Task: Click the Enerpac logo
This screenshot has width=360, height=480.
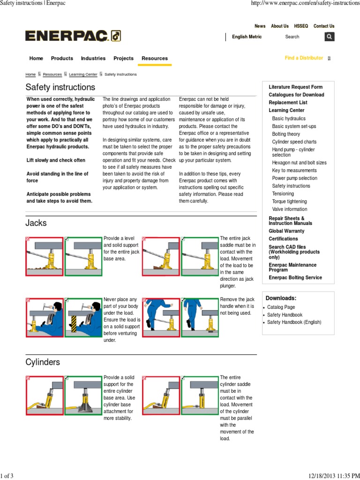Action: [73, 36]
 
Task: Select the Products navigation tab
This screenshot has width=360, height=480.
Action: [62, 59]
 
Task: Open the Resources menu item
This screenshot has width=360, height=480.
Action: [154, 59]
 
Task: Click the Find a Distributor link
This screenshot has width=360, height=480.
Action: [304, 58]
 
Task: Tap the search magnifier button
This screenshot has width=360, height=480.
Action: [330, 37]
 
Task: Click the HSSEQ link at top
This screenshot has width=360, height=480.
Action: [301, 26]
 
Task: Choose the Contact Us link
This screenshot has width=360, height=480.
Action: [323, 26]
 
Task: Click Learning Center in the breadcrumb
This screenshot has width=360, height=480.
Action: [83, 75]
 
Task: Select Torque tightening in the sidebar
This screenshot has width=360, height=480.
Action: [290, 202]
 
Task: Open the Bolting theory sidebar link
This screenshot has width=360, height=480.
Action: [286, 134]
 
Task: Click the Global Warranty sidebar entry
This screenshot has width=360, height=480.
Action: [286, 231]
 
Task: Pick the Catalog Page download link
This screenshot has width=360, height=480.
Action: [281, 307]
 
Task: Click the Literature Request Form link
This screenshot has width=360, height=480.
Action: [295, 87]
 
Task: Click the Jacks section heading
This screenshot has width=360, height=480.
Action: [36, 223]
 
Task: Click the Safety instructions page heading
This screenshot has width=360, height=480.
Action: [60, 87]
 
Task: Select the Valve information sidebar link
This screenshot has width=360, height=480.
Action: [290, 209]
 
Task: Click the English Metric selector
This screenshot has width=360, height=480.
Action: [247, 37]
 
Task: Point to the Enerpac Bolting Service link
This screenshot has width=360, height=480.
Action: [295, 277]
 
